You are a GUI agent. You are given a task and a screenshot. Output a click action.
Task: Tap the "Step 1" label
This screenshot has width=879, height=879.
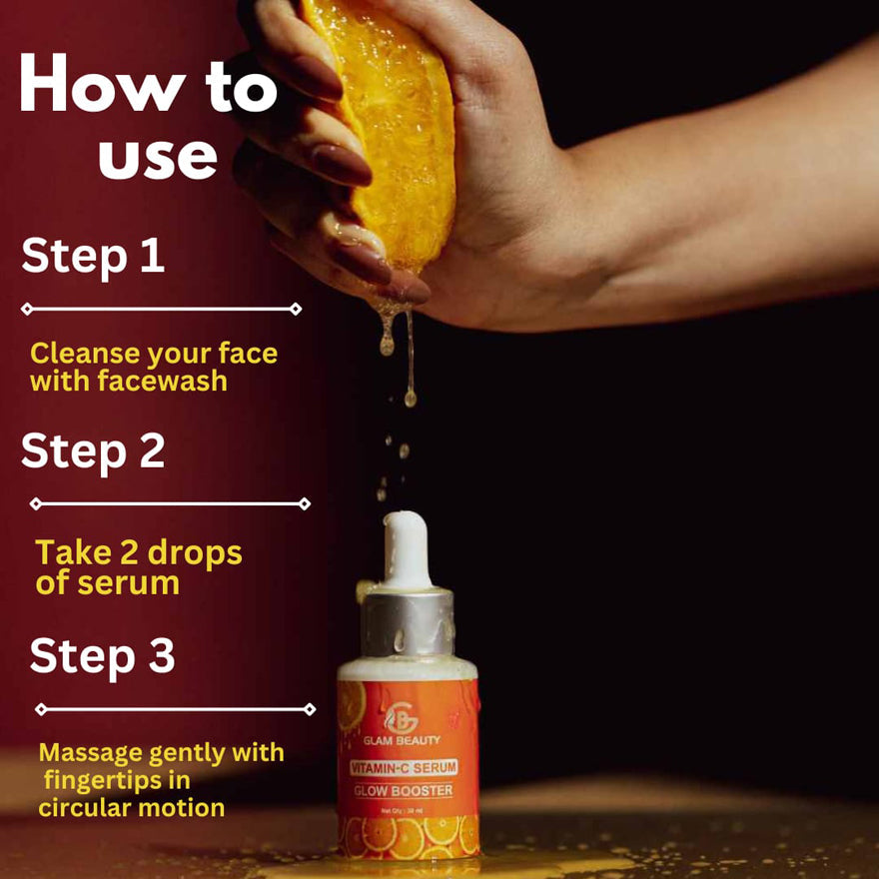pyautogui.click(x=92, y=257)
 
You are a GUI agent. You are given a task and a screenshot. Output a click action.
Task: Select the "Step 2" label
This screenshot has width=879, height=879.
pyautogui.click(x=93, y=451)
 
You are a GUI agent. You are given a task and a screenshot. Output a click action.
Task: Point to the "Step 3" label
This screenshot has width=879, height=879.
pyautogui.click(x=102, y=656)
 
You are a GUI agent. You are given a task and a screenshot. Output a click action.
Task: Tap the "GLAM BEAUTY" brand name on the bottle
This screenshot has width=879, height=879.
pyautogui.click(x=407, y=740)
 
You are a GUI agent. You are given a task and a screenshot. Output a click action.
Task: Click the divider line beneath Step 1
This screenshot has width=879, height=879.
pyautogui.click(x=161, y=310)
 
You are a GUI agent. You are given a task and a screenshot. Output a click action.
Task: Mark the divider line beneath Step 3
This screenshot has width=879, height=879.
pyautogui.click(x=175, y=709)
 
